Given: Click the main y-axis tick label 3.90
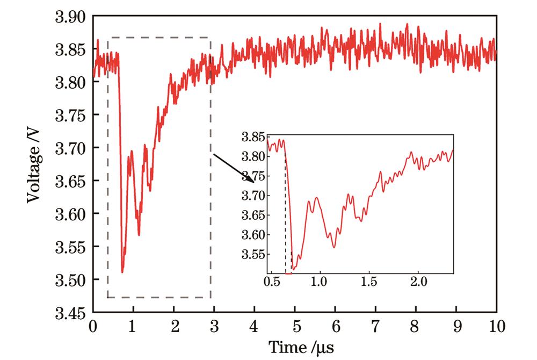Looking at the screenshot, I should coord(70,17).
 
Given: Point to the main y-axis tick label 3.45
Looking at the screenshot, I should coord(70,313).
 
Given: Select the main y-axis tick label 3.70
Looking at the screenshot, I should coord(70,148).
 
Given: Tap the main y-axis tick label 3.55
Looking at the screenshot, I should coord(70,247).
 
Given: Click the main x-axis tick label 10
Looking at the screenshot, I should coord(496,327).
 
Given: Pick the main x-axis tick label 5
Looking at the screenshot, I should coord(295,327).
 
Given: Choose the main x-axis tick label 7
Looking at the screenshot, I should coord(375,327).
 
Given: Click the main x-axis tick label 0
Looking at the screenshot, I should coord(93,327).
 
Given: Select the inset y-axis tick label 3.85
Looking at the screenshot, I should coord(254,138).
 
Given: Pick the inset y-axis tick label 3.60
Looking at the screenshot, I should coord(254,235).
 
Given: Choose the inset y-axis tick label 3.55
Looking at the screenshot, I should coord(254,254).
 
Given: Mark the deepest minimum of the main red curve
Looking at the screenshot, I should coord(122,271).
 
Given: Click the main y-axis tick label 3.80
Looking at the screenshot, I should coord(70,83).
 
